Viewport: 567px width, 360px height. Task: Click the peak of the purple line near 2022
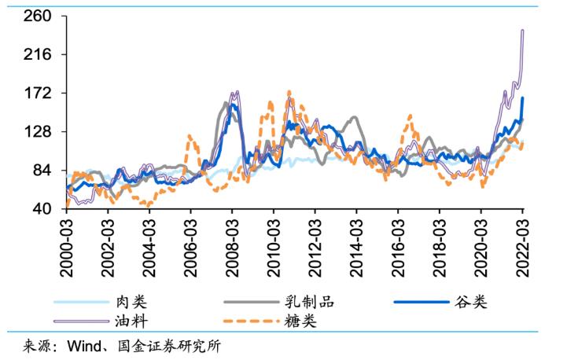click(522, 31)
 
